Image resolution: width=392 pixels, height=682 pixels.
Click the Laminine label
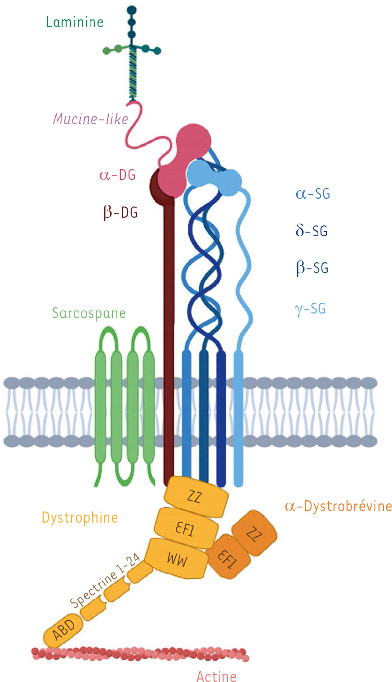click(x=75, y=22)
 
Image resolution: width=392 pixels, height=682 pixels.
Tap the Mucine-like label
click(x=90, y=119)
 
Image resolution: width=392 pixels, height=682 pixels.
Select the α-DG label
click(x=117, y=175)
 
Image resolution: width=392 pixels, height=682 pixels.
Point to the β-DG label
click(x=120, y=213)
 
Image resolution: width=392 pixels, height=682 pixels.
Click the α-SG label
click(x=313, y=194)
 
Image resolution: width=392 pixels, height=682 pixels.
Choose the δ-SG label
click(x=311, y=231)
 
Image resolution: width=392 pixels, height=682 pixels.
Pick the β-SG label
click(x=312, y=268)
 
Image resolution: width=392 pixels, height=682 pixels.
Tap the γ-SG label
click(x=310, y=309)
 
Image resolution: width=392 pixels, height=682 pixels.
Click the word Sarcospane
click(x=89, y=313)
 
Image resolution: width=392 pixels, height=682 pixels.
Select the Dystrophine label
click(x=80, y=518)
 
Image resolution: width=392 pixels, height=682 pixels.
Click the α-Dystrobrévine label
click(x=338, y=507)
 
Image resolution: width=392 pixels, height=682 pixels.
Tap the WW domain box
click(x=177, y=559)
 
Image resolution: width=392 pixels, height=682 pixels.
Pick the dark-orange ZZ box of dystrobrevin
click(x=254, y=534)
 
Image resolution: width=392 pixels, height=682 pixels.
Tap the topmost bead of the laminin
click(x=132, y=10)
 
